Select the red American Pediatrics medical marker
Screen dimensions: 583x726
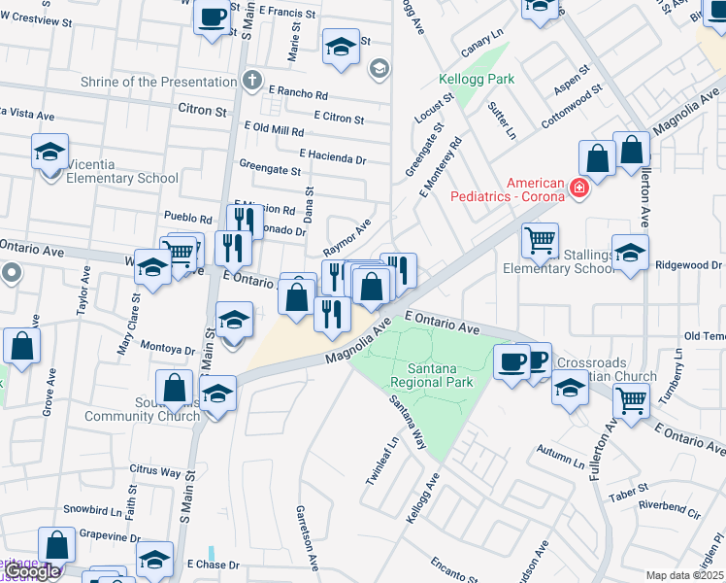(580, 187)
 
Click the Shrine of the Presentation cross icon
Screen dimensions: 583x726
(251, 82)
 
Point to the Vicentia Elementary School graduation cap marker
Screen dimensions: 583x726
(49, 153)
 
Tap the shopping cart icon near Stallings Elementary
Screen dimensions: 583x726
(540, 239)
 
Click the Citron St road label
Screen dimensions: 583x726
(202, 111)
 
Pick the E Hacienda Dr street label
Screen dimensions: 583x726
(333, 155)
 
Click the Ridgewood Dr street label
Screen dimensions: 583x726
(689, 264)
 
